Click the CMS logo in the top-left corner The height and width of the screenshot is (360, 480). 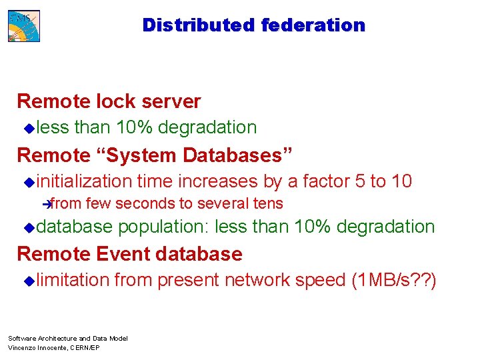(x=24, y=26)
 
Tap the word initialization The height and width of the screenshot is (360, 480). (x=85, y=181)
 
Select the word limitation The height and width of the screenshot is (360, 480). (x=73, y=280)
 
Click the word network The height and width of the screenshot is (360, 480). (x=257, y=280)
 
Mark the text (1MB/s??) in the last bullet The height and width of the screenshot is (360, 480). (x=393, y=280)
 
